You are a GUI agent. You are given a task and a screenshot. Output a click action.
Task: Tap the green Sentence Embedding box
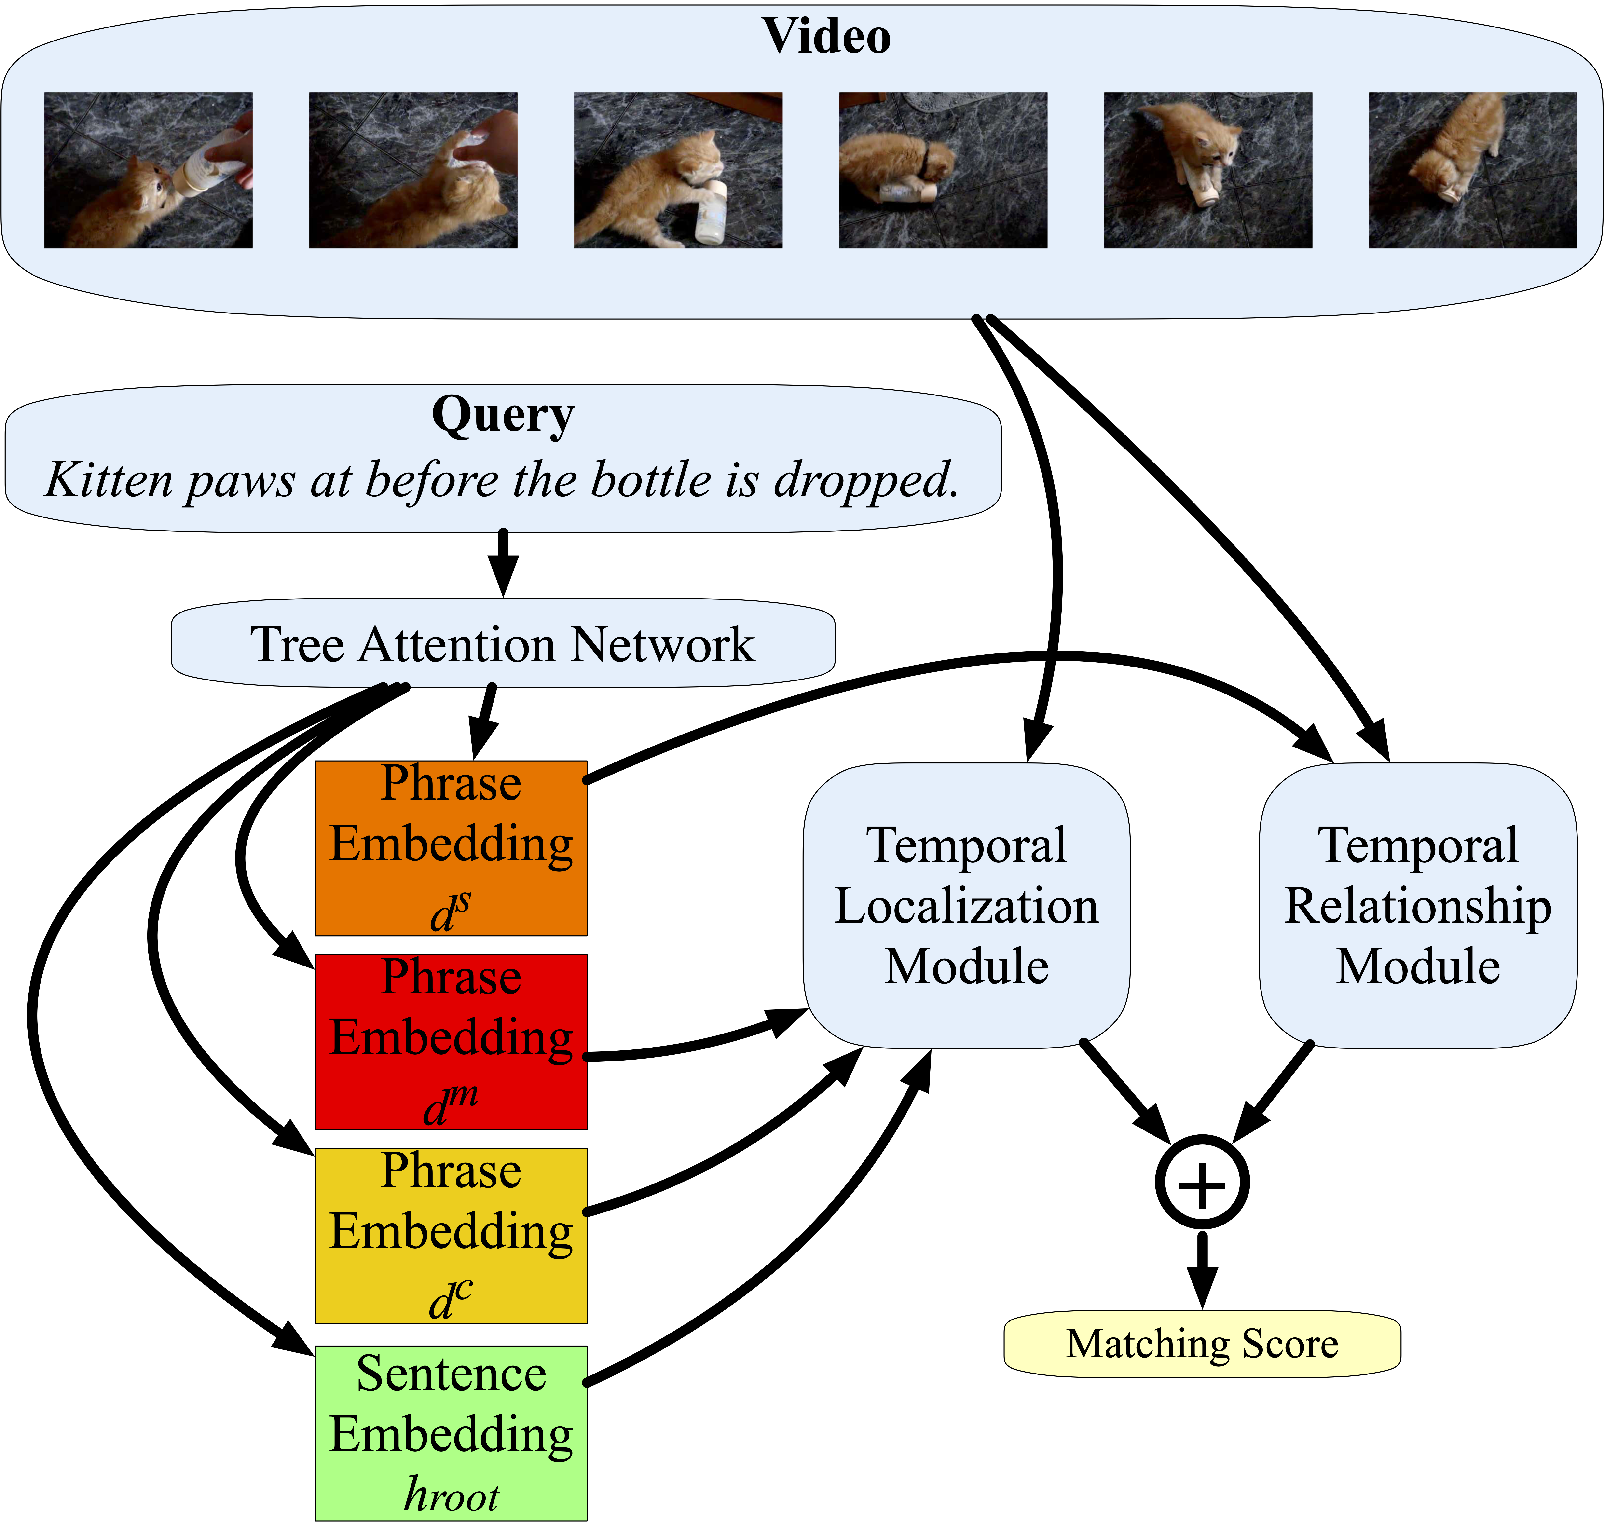click(451, 1433)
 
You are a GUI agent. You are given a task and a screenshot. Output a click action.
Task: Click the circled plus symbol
click(1202, 1183)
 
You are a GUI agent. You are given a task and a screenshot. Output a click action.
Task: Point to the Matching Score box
click(1202, 1344)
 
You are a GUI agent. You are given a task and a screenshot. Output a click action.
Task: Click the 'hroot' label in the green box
click(451, 1495)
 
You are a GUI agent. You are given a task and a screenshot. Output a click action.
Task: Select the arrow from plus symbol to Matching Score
click(1202, 1267)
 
